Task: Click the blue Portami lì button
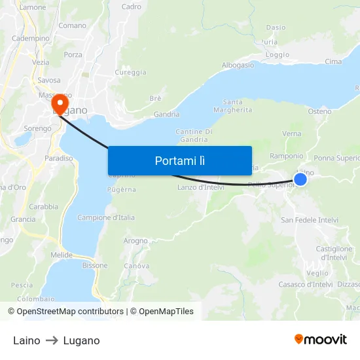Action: (180, 160)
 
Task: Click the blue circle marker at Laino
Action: (300, 179)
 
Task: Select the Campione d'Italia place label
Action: (106, 217)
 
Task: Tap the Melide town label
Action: (62, 255)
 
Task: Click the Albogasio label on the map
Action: (238, 65)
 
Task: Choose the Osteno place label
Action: (319, 111)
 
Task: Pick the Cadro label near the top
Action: (131, 7)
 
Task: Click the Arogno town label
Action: (135, 241)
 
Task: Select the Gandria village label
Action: (166, 114)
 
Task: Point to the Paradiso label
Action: (59, 158)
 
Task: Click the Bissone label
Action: (95, 265)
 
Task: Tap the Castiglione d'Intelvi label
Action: (334, 253)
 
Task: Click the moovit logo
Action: (320, 340)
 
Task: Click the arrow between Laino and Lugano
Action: (52, 340)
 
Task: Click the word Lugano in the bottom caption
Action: (82, 340)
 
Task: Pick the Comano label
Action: (72, 26)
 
